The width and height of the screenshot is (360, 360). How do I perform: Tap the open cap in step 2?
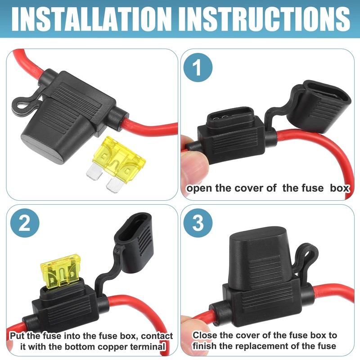[134, 246]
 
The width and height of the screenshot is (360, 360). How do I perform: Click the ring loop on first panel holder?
[20, 104]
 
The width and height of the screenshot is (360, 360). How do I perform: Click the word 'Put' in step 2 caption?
[17, 336]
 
